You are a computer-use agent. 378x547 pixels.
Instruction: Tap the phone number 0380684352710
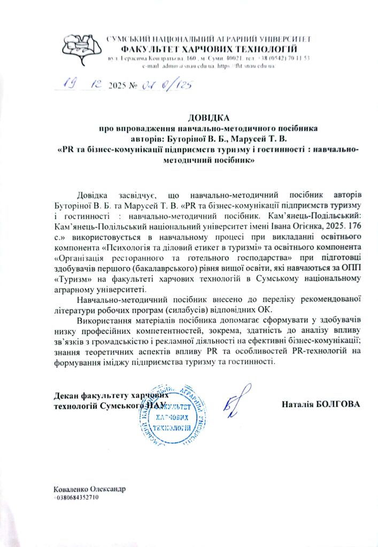[x=76, y=497]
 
